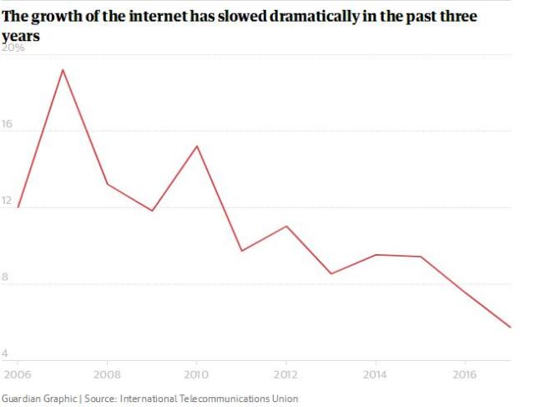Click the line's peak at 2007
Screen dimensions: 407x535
pyautogui.click(x=63, y=69)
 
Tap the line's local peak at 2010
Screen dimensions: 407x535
pyautogui.click(x=197, y=146)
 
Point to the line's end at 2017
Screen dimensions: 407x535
pyautogui.click(x=510, y=328)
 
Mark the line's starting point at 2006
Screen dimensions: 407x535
pyautogui.click(x=18, y=206)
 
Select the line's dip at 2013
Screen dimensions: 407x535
pyautogui.click(x=331, y=274)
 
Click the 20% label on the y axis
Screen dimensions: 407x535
pyautogui.click(x=14, y=48)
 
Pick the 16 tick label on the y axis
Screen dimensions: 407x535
pyautogui.click(x=9, y=125)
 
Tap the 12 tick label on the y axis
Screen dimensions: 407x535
pyautogui.click(x=9, y=201)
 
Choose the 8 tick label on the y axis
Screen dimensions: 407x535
pyautogui.click(x=7, y=278)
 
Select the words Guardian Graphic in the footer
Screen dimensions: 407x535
pyautogui.click(x=38, y=399)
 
